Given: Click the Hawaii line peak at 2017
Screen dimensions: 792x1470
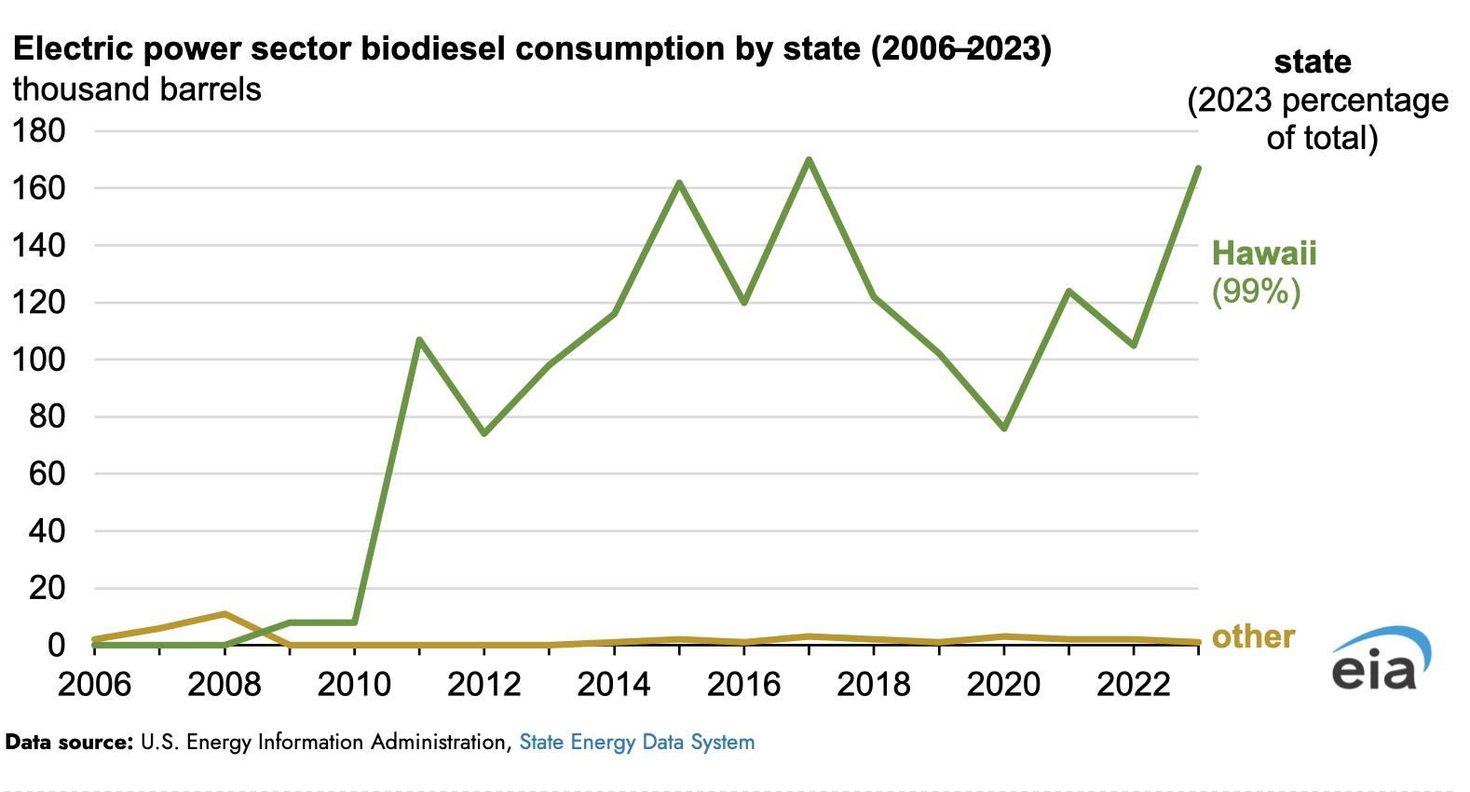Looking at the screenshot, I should [x=809, y=159].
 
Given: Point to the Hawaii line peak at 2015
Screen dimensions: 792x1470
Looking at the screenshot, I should [x=679, y=183].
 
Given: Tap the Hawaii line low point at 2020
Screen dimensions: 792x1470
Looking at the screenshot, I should [x=1004, y=428].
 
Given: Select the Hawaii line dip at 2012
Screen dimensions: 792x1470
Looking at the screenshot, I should [x=484, y=433].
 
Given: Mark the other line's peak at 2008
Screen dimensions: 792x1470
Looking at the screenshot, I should [x=225, y=613].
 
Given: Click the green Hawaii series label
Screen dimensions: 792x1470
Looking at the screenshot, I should [x=1264, y=253].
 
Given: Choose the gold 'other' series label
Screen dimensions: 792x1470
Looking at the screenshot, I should [x=1253, y=636].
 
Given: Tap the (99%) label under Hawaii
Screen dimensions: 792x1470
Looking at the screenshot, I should [x=1256, y=292].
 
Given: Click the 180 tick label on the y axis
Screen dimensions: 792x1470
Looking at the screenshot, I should [x=38, y=130].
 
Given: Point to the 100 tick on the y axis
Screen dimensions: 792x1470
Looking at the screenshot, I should [x=38, y=360].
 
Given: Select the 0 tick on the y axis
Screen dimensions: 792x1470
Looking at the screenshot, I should [x=56, y=645].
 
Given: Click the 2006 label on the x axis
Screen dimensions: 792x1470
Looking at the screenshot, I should [x=94, y=685].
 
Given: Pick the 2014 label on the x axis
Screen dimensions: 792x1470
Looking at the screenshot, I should [x=614, y=685].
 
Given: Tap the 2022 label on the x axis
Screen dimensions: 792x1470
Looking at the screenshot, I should [x=1134, y=685].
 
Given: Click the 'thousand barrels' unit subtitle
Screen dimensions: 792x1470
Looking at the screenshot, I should [x=137, y=89].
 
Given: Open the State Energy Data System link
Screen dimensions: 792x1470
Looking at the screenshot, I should [x=637, y=743].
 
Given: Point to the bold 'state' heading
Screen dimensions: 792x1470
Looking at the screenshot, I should [x=1313, y=61].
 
